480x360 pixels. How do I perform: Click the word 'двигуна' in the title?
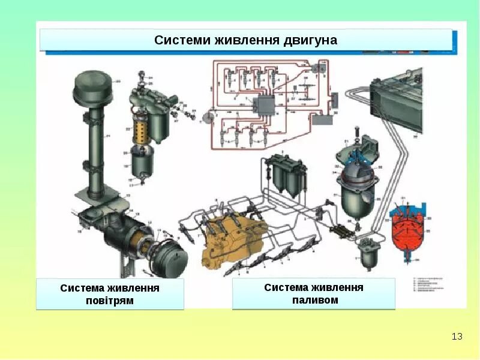coord(311,40)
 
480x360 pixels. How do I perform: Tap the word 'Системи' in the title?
coord(179,40)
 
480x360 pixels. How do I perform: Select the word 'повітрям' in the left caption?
coord(110,301)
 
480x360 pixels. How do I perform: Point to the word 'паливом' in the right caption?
coord(314,300)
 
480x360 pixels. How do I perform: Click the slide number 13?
coord(457,337)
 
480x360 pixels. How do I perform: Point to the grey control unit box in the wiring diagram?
coord(262,106)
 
